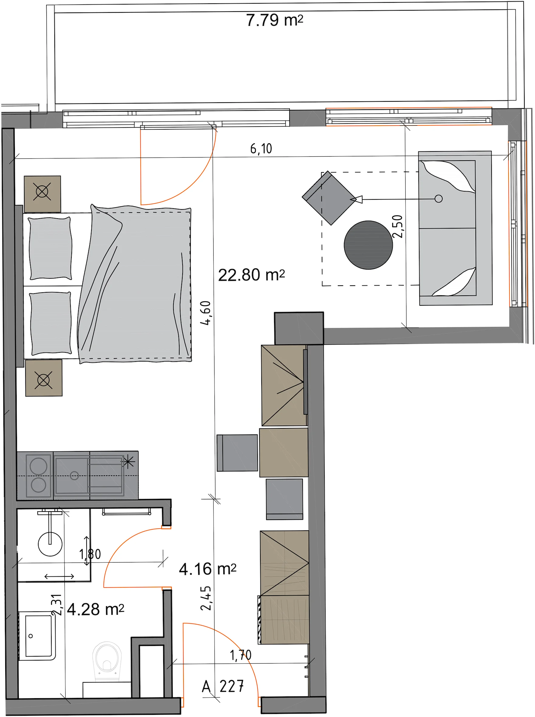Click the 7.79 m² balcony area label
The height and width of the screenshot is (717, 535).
pos(275,20)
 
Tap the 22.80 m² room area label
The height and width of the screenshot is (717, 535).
pos(251,275)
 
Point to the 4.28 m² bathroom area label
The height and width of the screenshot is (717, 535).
pos(95,610)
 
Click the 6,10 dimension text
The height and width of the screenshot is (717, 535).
pos(261,148)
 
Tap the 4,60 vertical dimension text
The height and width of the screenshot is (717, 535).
pos(206,313)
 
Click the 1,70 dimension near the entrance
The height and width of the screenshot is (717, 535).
pos(241,655)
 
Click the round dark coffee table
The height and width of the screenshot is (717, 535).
pos(368,245)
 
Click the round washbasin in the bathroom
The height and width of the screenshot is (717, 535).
pos(50,544)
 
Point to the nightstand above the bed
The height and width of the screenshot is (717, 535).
pos(43,194)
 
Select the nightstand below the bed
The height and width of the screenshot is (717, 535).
pos(44,378)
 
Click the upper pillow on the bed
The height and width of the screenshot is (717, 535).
pos(50,248)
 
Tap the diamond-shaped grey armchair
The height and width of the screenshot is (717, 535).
pos(329,198)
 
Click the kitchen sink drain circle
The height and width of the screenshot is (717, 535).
pos(74,475)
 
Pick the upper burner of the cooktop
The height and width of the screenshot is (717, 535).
pos(38,466)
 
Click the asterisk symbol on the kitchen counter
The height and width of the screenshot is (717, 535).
pos(128,461)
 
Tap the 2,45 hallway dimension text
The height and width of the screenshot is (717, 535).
pos(206,598)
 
